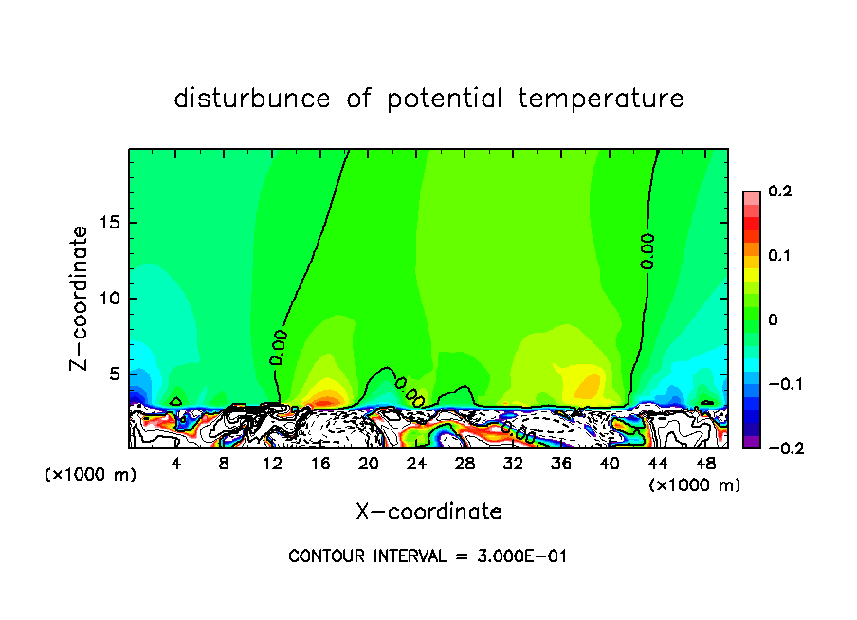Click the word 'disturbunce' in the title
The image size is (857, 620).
252,99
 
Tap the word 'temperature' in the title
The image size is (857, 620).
600,99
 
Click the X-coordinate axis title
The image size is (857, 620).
428,512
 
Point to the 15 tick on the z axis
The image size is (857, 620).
110,223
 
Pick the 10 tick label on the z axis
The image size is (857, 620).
110,299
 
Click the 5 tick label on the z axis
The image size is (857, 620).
116,374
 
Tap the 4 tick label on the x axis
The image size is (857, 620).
176,465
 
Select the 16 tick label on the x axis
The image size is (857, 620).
319,465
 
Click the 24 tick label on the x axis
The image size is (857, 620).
416,465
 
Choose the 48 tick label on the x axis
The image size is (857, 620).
705,465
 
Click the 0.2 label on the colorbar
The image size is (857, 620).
779,191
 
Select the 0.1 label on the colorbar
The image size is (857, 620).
779,256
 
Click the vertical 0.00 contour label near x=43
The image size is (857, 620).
647,251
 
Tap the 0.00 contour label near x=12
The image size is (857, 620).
278,347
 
